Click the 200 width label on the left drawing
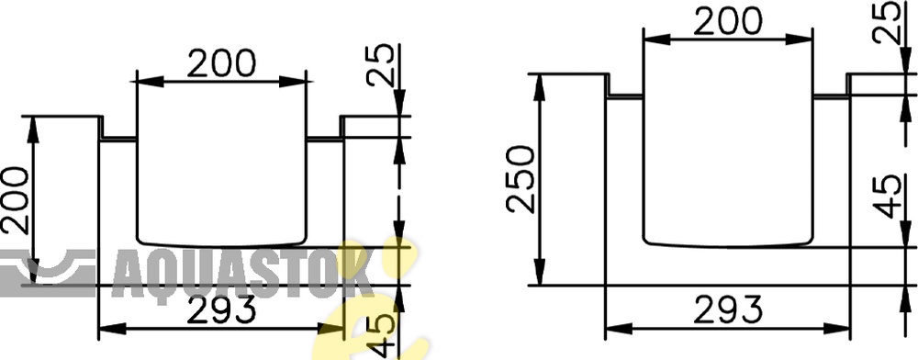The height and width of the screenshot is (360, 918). pos(221,63)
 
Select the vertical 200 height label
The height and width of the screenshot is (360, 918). pos(15,200)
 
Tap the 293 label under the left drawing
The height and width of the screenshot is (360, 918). pos(221,309)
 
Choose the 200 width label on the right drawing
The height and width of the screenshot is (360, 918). pos(728,22)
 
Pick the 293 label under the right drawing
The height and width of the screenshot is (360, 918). pos(728,309)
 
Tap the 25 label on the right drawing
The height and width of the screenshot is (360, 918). pos(887,22)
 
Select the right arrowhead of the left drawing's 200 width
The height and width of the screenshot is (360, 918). pos(293,82)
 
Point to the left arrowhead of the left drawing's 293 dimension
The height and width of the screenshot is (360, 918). pos(112,329)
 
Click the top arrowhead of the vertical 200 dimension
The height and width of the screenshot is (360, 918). pos(33,128)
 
